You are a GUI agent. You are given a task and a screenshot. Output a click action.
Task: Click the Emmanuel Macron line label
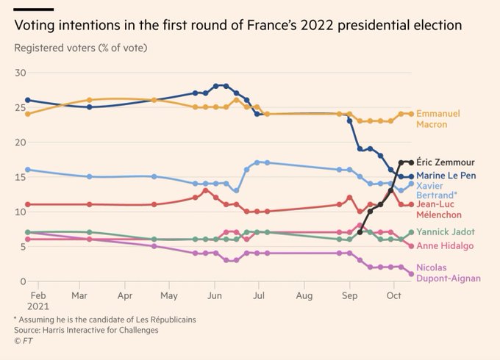coord(438,119)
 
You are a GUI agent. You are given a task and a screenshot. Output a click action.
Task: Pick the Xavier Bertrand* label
coord(437,191)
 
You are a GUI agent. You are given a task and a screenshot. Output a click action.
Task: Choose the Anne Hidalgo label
coord(446,246)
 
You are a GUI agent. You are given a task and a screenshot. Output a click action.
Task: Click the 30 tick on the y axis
coord(21,73)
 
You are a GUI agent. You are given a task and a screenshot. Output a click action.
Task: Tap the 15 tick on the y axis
coord(21,177)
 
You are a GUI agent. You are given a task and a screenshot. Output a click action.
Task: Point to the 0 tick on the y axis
coord(23,281)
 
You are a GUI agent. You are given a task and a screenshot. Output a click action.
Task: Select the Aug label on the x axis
coord(304,295)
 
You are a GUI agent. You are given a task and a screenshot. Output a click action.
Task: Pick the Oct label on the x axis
coord(394,295)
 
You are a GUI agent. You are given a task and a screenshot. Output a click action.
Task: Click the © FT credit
coord(24,340)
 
